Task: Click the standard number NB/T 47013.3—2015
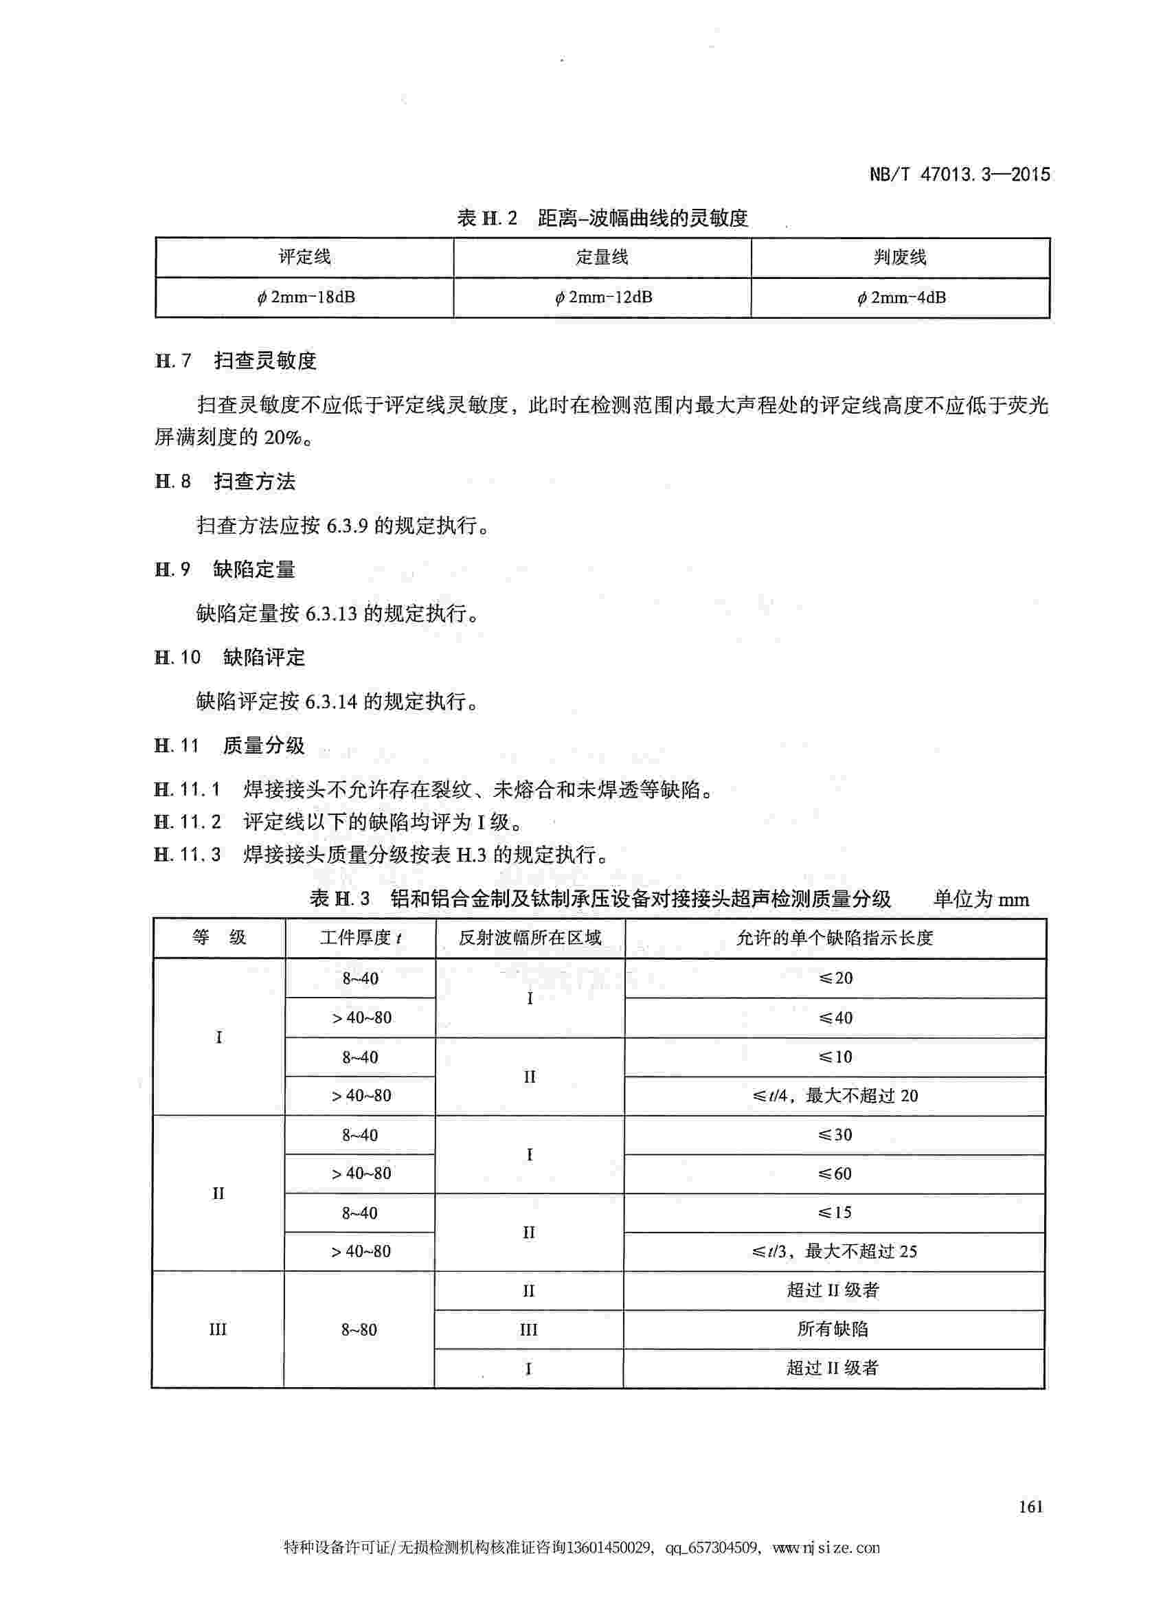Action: coord(960,175)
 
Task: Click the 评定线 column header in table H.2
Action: coord(304,257)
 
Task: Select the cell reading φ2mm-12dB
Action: coord(602,297)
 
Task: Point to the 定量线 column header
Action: coord(602,257)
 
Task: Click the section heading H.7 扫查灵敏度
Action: coord(236,361)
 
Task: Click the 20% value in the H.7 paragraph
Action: coord(282,437)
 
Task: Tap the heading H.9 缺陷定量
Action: coord(225,569)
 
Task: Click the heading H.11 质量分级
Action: coord(229,745)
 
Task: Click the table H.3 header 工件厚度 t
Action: coord(361,938)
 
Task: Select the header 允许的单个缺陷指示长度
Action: coord(835,938)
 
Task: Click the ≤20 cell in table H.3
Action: coord(836,978)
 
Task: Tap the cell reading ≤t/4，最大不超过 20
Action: coord(835,1095)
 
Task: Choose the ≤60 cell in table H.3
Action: coord(835,1173)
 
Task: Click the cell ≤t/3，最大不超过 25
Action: coord(835,1251)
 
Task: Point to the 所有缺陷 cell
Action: coord(833,1329)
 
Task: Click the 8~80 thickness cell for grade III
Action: coord(359,1329)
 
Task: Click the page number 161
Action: coord(1030,1507)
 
